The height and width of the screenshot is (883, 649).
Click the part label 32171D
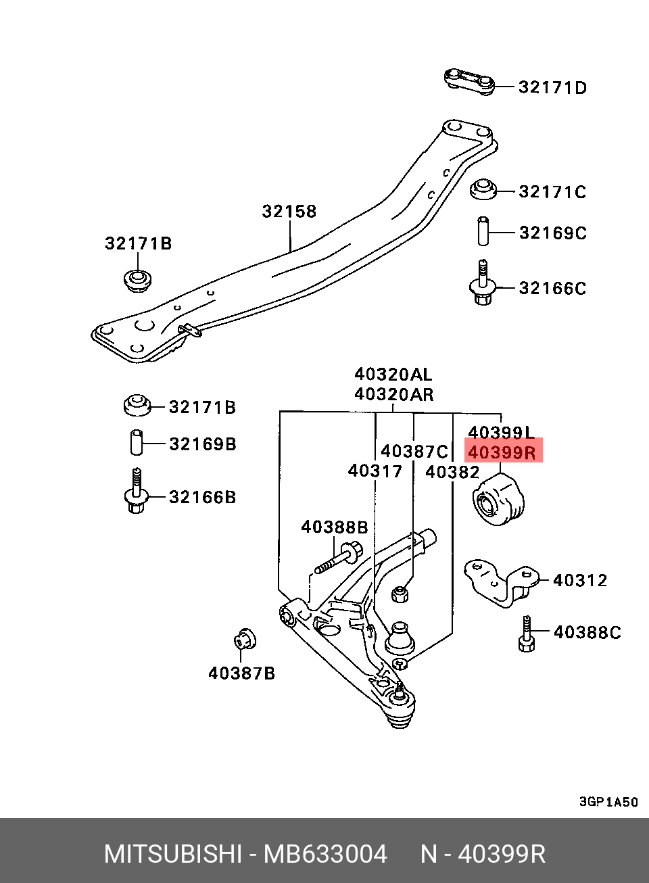pos(552,87)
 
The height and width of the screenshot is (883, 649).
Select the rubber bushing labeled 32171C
pos(483,189)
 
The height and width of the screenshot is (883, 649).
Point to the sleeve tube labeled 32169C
pos(483,231)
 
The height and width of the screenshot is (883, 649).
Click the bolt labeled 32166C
pos(482,285)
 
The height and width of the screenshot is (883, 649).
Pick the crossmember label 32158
pos(289,212)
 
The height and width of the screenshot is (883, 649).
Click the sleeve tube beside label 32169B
pos(137,442)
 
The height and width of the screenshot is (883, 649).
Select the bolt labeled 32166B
pos(136,492)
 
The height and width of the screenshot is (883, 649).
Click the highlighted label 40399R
pos(502,452)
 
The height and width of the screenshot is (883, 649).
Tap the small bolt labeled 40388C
pos(527,634)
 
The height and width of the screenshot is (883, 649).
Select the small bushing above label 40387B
pos(245,638)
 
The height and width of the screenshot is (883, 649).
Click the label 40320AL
pos(393,375)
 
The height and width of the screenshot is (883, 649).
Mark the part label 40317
pos(375,471)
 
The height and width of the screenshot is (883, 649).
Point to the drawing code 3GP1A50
pos(608,802)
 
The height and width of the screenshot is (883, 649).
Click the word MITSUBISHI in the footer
pos(172,855)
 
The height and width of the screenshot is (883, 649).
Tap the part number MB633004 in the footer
pos(325,855)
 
